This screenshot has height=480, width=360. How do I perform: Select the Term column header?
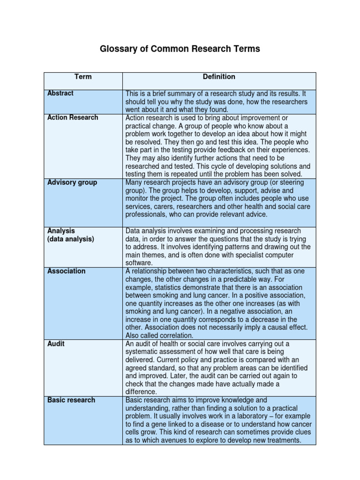[x=83, y=77]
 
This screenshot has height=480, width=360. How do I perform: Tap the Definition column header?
[x=219, y=76]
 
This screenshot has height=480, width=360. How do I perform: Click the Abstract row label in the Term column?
[x=60, y=93]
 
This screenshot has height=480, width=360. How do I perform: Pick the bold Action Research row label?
[x=73, y=118]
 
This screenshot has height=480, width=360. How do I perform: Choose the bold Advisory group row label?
[x=72, y=182]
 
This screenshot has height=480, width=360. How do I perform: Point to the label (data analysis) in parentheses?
[x=71, y=239]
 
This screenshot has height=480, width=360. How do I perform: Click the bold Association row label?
[x=67, y=271]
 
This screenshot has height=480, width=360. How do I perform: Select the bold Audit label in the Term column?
[x=56, y=344]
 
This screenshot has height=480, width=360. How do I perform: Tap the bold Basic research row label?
[x=71, y=400]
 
